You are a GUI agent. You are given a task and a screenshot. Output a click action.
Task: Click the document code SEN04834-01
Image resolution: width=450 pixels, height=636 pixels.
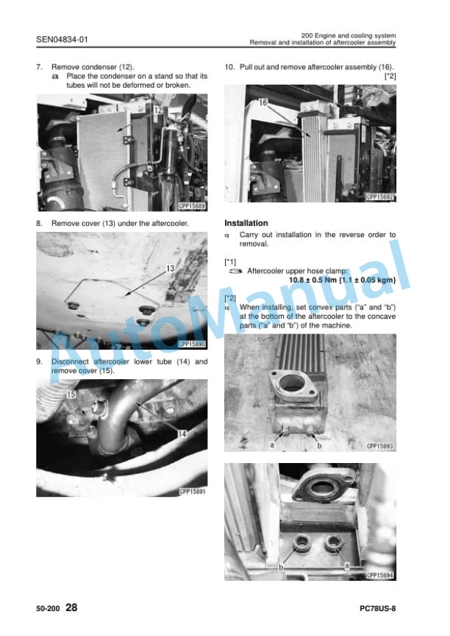pos(62,39)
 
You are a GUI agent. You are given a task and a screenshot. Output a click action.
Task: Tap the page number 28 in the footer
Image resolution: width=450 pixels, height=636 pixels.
pos(71,607)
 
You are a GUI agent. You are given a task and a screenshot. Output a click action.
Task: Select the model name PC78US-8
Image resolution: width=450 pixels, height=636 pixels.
pos(377,609)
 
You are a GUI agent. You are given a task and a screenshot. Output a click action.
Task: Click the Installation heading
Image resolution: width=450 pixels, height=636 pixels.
pos(246,223)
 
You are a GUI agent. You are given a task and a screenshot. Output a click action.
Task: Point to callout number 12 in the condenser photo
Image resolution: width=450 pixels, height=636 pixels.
pos(158,110)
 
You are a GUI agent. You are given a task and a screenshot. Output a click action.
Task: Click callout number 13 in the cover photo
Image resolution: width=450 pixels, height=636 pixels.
pos(171,269)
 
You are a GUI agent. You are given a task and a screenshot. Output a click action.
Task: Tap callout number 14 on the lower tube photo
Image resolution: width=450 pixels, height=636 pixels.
pos(182,434)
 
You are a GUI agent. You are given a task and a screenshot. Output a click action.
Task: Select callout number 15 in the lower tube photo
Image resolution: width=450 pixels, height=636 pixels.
pos(71,395)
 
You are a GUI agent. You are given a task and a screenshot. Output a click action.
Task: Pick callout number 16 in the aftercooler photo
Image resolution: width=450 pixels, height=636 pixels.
pos(263,102)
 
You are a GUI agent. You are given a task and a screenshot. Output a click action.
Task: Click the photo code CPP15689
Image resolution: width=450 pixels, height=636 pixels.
pos(193,206)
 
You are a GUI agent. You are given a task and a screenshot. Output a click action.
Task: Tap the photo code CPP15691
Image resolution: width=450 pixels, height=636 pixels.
pos(193,492)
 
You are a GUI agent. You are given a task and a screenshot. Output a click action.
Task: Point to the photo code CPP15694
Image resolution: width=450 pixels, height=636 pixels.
pos(380,575)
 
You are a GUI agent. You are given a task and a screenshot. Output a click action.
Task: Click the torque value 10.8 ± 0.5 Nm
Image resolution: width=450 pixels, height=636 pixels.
pos(312,280)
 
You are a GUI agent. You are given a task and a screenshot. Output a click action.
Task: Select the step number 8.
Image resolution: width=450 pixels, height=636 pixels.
pos(39,223)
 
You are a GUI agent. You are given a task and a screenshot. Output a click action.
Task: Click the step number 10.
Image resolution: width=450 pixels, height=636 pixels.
pos(229,67)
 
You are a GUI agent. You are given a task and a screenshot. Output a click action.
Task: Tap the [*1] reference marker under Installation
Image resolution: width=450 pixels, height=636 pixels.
pos(230,262)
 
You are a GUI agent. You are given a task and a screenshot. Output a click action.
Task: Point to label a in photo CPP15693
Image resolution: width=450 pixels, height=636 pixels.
pos(272,445)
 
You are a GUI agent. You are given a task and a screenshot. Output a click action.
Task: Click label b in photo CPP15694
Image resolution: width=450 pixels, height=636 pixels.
pos(281,567)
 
